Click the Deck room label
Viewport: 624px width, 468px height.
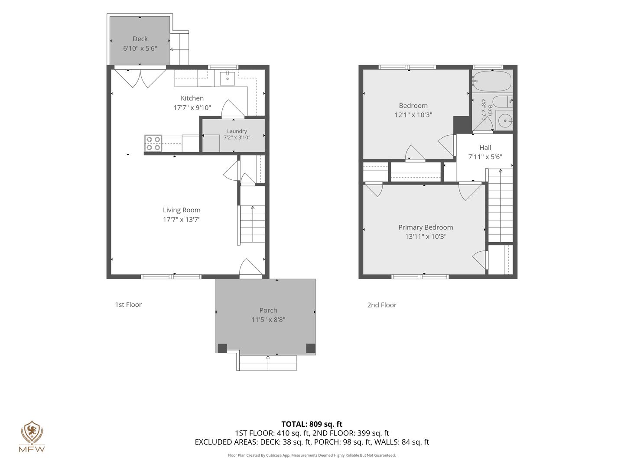click(140, 39)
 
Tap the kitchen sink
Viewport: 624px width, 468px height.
click(227, 78)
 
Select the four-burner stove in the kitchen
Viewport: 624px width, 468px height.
click(153, 143)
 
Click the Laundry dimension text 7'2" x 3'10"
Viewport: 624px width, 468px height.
click(237, 137)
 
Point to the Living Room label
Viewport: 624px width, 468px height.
click(182, 210)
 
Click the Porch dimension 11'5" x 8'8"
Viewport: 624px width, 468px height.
click(268, 320)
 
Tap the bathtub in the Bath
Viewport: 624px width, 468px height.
click(492, 81)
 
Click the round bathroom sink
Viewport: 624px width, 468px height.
click(504, 120)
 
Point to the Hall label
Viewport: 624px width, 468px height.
click(485, 147)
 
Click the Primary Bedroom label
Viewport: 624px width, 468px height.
click(426, 227)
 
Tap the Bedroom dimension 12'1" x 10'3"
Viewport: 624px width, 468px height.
click(413, 115)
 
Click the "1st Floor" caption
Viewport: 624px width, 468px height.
click(128, 305)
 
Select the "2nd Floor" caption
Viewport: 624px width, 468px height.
click(381, 305)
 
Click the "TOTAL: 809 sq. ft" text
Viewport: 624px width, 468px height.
click(312, 424)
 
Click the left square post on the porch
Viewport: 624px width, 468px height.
click(222, 348)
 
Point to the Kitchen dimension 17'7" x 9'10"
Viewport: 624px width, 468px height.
click(192, 108)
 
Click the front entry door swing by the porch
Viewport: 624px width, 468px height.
click(250, 267)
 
